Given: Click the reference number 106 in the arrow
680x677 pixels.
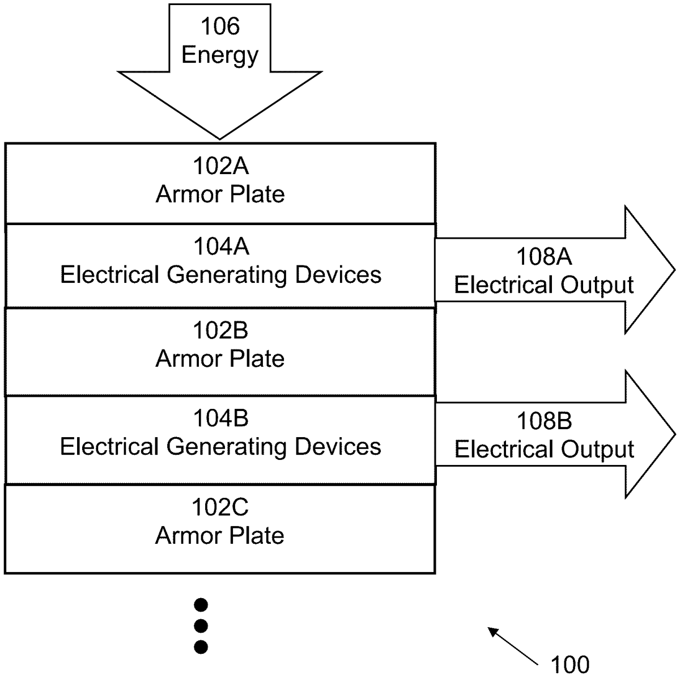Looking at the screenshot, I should tap(220, 27).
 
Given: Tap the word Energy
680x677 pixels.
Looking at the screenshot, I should tap(220, 55).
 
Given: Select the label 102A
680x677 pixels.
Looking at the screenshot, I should tap(220, 166).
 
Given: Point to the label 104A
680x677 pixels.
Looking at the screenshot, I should tap(220, 247).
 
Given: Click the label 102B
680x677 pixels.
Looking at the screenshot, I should tap(220, 331).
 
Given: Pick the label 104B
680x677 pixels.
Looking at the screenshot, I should tap(220, 418).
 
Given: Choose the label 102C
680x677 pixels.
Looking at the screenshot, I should tap(220, 507).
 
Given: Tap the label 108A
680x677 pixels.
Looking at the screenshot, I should tap(543, 257).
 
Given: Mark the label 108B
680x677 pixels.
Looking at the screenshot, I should tap(543, 421).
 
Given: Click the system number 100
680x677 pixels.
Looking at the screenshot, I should tap(570, 664).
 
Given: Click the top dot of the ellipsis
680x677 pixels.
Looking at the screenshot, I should tap(201, 605).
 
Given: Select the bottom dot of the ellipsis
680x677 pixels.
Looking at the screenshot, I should tap(201, 646).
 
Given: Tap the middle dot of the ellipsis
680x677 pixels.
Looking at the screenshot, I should tap(201, 626).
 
